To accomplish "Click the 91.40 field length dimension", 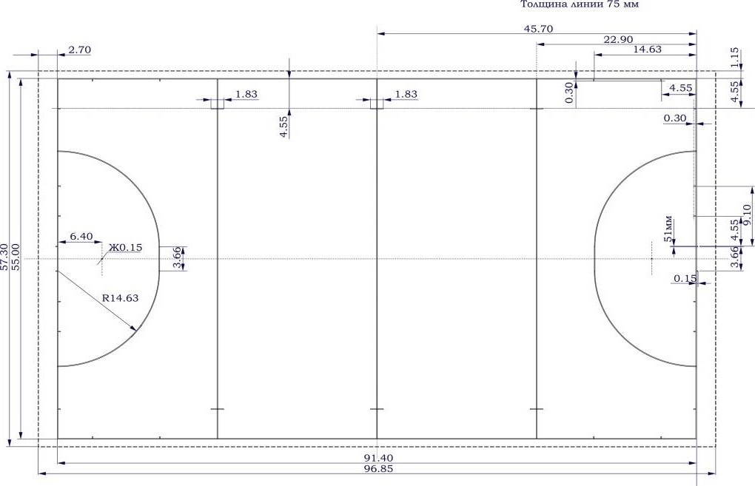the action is click(x=379, y=458).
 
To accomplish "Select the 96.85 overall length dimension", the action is click(x=379, y=469).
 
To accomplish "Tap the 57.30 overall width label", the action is click(x=4, y=257).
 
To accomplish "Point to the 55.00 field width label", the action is click(x=16, y=257).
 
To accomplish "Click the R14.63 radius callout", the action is click(x=121, y=298).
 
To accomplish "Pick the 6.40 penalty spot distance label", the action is click(x=81, y=236).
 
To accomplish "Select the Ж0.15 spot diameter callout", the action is click(x=125, y=247).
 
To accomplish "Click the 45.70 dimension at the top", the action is click(x=538, y=29).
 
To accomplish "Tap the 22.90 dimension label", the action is click(x=618, y=39).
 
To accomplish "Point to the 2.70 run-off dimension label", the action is click(x=79, y=50).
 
